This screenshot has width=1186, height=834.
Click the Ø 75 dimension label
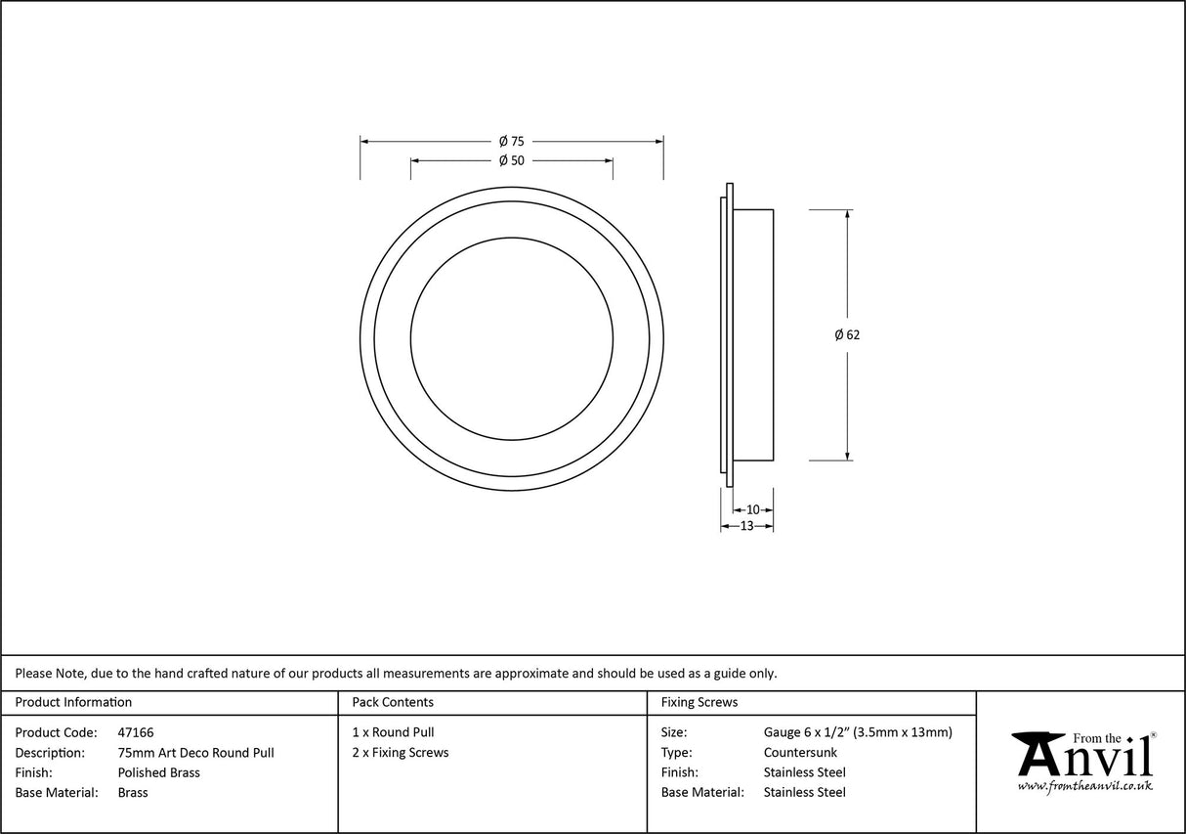(x=511, y=141)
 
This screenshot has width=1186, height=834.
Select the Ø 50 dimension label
(x=511, y=160)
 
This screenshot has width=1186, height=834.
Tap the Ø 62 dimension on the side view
(x=847, y=334)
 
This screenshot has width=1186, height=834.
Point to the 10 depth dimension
(x=752, y=509)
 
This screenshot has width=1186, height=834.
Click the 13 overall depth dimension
(x=746, y=526)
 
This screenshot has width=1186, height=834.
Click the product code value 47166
(x=135, y=732)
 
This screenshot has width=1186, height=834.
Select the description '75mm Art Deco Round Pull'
(x=195, y=753)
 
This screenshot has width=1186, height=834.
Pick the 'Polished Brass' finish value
(x=158, y=772)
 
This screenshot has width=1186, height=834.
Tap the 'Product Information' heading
(x=73, y=702)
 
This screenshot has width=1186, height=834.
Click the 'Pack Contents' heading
(x=393, y=702)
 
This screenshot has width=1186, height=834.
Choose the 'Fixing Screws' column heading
(x=699, y=702)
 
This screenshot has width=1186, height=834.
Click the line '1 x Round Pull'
(x=393, y=732)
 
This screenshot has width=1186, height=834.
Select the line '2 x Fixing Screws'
(x=401, y=753)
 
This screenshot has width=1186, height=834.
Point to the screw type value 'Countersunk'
(x=800, y=753)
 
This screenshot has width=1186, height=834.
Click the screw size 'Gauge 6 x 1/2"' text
(x=807, y=732)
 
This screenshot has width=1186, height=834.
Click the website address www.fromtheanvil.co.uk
(x=1084, y=786)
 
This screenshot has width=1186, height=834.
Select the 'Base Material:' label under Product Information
(x=57, y=793)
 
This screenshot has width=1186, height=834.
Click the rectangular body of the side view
(x=752, y=334)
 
